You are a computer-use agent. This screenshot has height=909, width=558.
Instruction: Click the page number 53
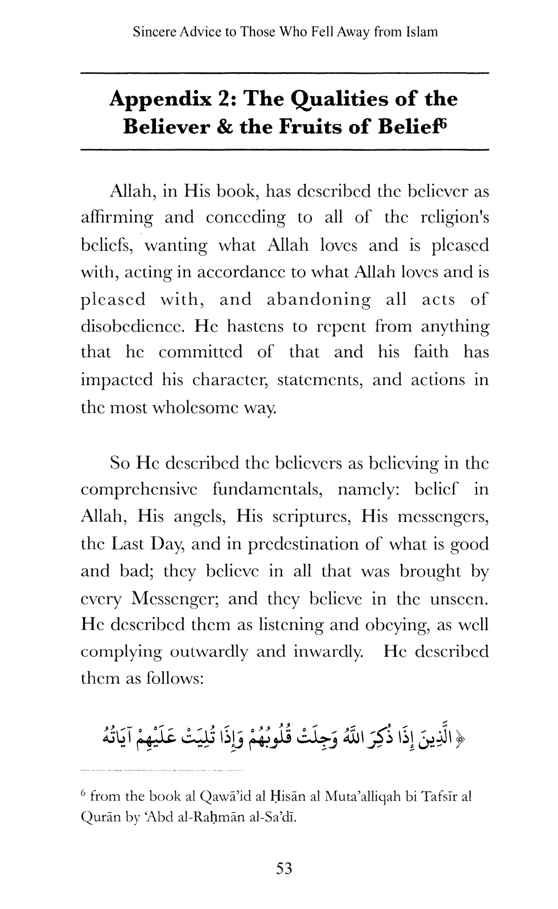point(284,869)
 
